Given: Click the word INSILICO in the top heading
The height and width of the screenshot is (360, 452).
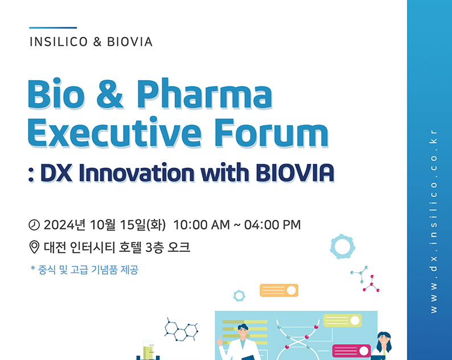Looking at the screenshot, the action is (x=59, y=42).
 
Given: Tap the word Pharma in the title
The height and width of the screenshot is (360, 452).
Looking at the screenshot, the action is (x=204, y=94).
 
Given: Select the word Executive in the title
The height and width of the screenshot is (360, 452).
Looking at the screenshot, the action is (x=114, y=133).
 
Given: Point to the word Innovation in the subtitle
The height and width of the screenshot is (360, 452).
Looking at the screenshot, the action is (x=137, y=173).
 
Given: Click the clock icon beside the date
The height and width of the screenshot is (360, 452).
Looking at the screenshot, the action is (x=34, y=225).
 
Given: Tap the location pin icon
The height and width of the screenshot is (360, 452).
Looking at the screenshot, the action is (x=34, y=247).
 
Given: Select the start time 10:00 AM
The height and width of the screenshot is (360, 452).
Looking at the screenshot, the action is (x=202, y=225).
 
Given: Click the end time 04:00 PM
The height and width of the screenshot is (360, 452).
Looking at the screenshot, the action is (x=273, y=225).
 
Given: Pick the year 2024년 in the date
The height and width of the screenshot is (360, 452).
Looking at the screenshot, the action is (x=64, y=225).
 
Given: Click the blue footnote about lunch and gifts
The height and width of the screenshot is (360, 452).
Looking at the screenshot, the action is (x=84, y=270).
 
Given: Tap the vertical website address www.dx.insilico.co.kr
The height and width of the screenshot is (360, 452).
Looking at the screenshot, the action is (x=433, y=221).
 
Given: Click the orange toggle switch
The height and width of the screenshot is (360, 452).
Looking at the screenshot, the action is (x=279, y=290).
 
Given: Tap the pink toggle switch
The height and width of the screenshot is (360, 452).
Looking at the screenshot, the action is (x=351, y=351).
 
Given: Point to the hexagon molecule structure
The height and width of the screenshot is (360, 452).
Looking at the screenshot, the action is (x=181, y=330).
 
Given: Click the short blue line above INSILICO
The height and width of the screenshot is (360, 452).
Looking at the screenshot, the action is (x=53, y=28).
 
